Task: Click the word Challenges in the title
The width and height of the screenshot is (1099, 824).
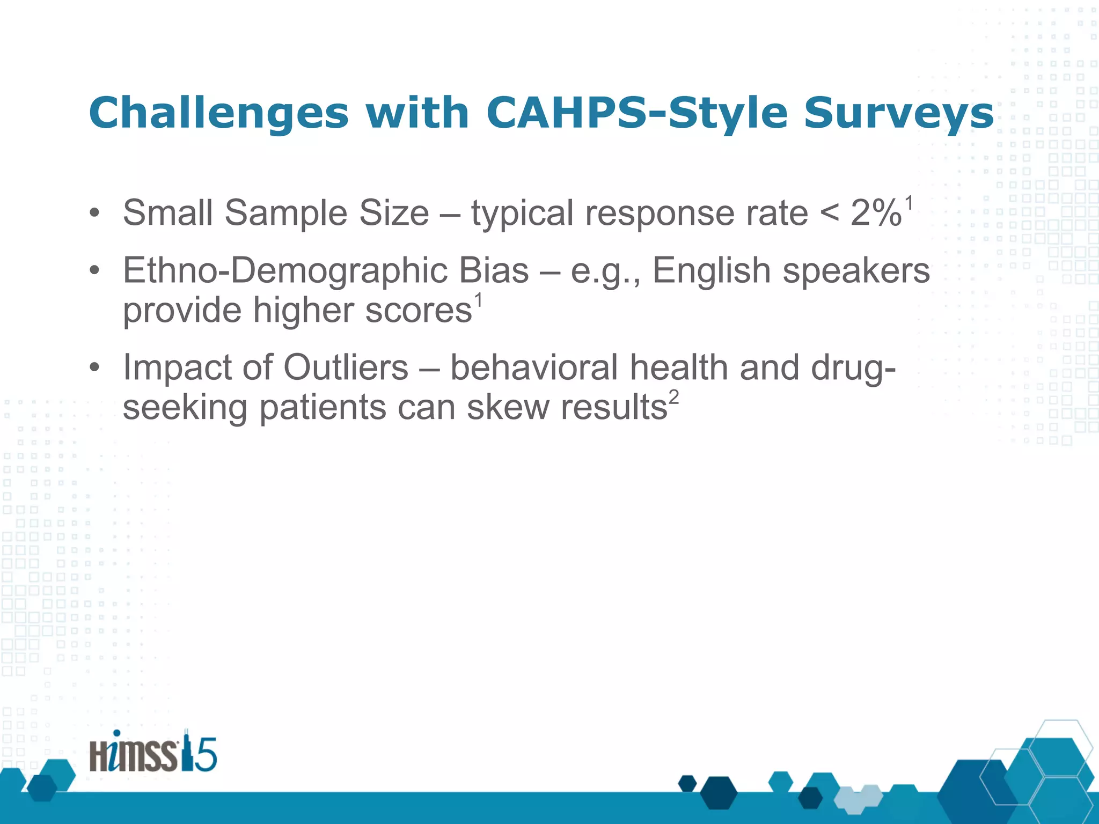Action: pos(219,113)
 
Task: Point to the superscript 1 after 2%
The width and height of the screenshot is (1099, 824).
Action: pos(908,203)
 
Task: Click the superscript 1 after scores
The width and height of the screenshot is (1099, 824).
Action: pos(478,300)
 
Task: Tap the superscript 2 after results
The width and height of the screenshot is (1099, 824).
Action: pos(673,398)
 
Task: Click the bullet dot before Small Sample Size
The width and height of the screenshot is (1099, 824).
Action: pos(94,213)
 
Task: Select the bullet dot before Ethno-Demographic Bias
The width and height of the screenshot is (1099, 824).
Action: pos(94,271)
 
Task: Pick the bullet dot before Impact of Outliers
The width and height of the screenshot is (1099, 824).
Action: pos(94,367)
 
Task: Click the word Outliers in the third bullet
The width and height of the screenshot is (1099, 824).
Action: pos(346,367)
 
